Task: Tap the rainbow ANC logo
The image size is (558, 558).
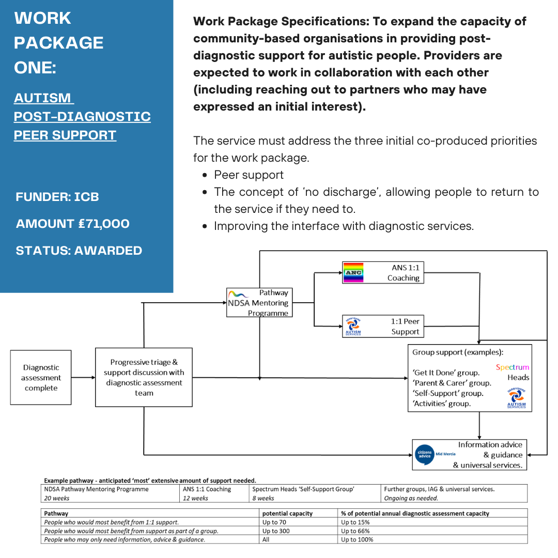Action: [353, 273]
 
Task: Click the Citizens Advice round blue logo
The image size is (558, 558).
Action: [425, 455]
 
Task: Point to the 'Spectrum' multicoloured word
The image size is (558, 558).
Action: [513, 367]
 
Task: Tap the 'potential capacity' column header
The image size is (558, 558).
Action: [288, 514]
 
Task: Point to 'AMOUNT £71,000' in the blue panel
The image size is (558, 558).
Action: [73, 224]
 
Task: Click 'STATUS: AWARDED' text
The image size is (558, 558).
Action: [79, 251]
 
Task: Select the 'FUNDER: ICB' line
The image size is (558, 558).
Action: [57, 197]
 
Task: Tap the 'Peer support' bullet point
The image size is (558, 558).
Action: [249, 175]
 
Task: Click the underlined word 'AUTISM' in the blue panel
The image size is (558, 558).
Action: [43, 98]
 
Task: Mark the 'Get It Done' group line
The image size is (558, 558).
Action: [446, 373]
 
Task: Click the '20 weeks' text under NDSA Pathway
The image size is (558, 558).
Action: [57, 498]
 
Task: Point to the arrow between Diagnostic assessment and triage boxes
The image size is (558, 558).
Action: [83, 378]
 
